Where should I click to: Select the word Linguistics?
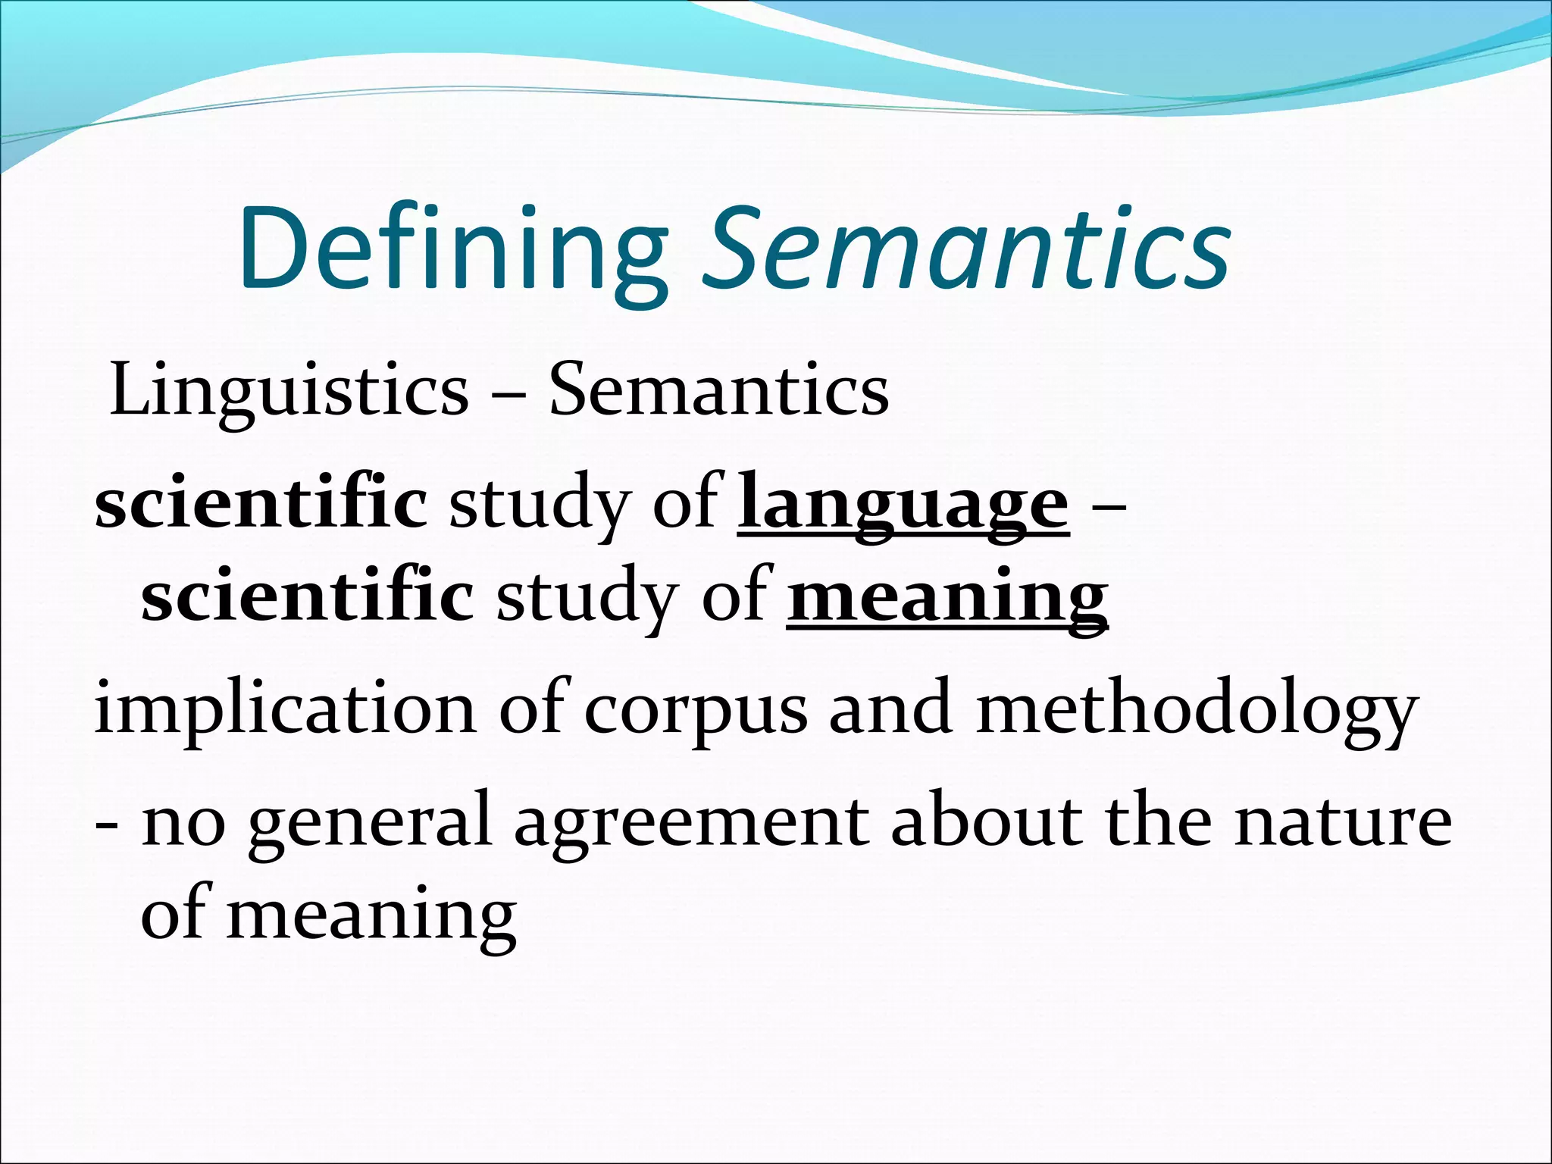[x=289, y=391]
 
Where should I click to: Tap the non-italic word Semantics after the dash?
[x=718, y=390]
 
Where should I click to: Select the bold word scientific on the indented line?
[x=308, y=596]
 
